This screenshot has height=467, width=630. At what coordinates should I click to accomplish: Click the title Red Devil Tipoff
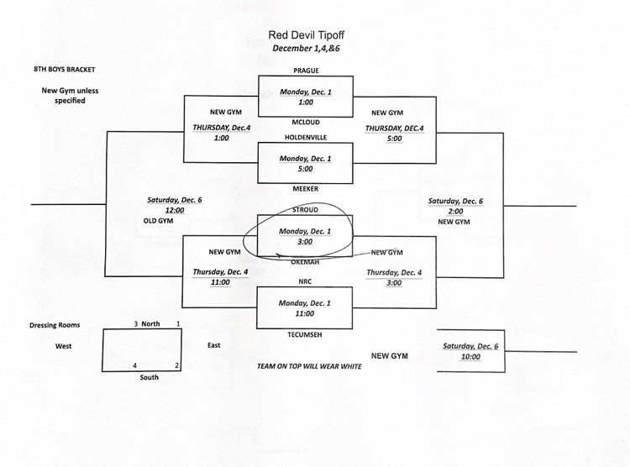[305, 35]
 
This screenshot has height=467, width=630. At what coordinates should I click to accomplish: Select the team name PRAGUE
[305, 71]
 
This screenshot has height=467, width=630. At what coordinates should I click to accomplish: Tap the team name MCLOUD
[305, 120]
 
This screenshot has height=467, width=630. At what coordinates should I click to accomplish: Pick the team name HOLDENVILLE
[305, 137]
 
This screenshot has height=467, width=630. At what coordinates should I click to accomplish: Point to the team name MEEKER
[305, 189]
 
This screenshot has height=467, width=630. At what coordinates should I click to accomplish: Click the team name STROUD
[305, 209]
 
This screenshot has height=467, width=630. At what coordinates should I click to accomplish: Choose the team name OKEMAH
[305, 262]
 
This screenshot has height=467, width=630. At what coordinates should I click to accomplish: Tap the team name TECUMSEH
[305, 333]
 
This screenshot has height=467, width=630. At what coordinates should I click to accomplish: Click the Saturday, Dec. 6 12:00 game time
[174, 205]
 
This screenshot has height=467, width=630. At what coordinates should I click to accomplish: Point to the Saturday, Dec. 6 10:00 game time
[470, 351]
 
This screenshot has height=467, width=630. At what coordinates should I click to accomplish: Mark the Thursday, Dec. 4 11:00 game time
[221, 277]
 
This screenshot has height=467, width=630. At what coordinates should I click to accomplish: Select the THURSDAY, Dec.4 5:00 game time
[394, 133]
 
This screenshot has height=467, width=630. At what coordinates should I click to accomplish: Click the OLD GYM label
[157, 221]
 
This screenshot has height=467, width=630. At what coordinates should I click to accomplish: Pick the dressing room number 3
[135, 323]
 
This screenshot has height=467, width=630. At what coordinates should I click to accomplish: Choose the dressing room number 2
[177, 365]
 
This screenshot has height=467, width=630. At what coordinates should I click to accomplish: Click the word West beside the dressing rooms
[64, 345]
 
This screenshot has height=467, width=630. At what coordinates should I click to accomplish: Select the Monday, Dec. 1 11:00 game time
[305, 308]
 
